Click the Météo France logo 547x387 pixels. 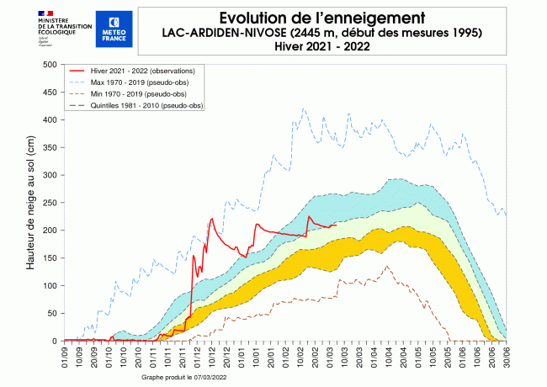pos(114,28)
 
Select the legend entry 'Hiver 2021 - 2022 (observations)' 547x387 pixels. pos(143,73)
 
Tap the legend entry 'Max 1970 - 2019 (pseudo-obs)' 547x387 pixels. pos(138,84)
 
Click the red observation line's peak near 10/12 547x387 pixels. pos(211,219)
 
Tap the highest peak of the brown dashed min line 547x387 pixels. pos(387,266)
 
